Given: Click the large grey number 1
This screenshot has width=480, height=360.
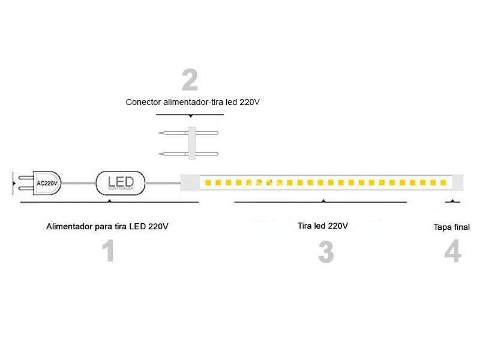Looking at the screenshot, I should click(108, 251).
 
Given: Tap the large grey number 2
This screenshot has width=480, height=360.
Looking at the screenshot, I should click(190, 81).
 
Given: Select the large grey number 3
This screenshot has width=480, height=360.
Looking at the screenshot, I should click(326, 252).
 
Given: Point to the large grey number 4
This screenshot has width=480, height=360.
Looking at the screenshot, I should click(452, 252).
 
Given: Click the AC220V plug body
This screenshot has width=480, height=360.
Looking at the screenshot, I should click(46, 183).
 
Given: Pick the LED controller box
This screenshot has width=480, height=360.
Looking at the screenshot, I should click(121, 182).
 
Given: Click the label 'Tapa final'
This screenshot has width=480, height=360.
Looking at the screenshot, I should click(451, 227).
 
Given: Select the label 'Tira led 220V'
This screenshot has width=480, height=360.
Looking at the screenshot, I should click(322, 226).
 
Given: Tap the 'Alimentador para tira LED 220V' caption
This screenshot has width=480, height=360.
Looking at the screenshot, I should click(107, 227).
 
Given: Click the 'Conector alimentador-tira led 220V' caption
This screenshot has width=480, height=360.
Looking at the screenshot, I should click(193, 102).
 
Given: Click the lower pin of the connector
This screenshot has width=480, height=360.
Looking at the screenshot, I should click(173, 154).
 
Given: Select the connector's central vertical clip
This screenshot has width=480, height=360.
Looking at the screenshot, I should click(192, 144).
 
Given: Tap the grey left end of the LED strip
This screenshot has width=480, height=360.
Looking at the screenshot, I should click(190, 182).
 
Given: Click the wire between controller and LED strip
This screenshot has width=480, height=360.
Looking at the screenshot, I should click(164, 182).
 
